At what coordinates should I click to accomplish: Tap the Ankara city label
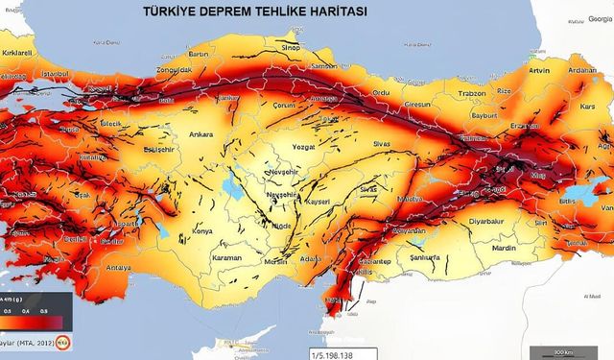pyautogui.click(x=201, y=133)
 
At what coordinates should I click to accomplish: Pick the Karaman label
pyautogui.click(x=227, y=257)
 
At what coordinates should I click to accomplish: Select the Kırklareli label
pyautogui.click(x=18, y=53)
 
